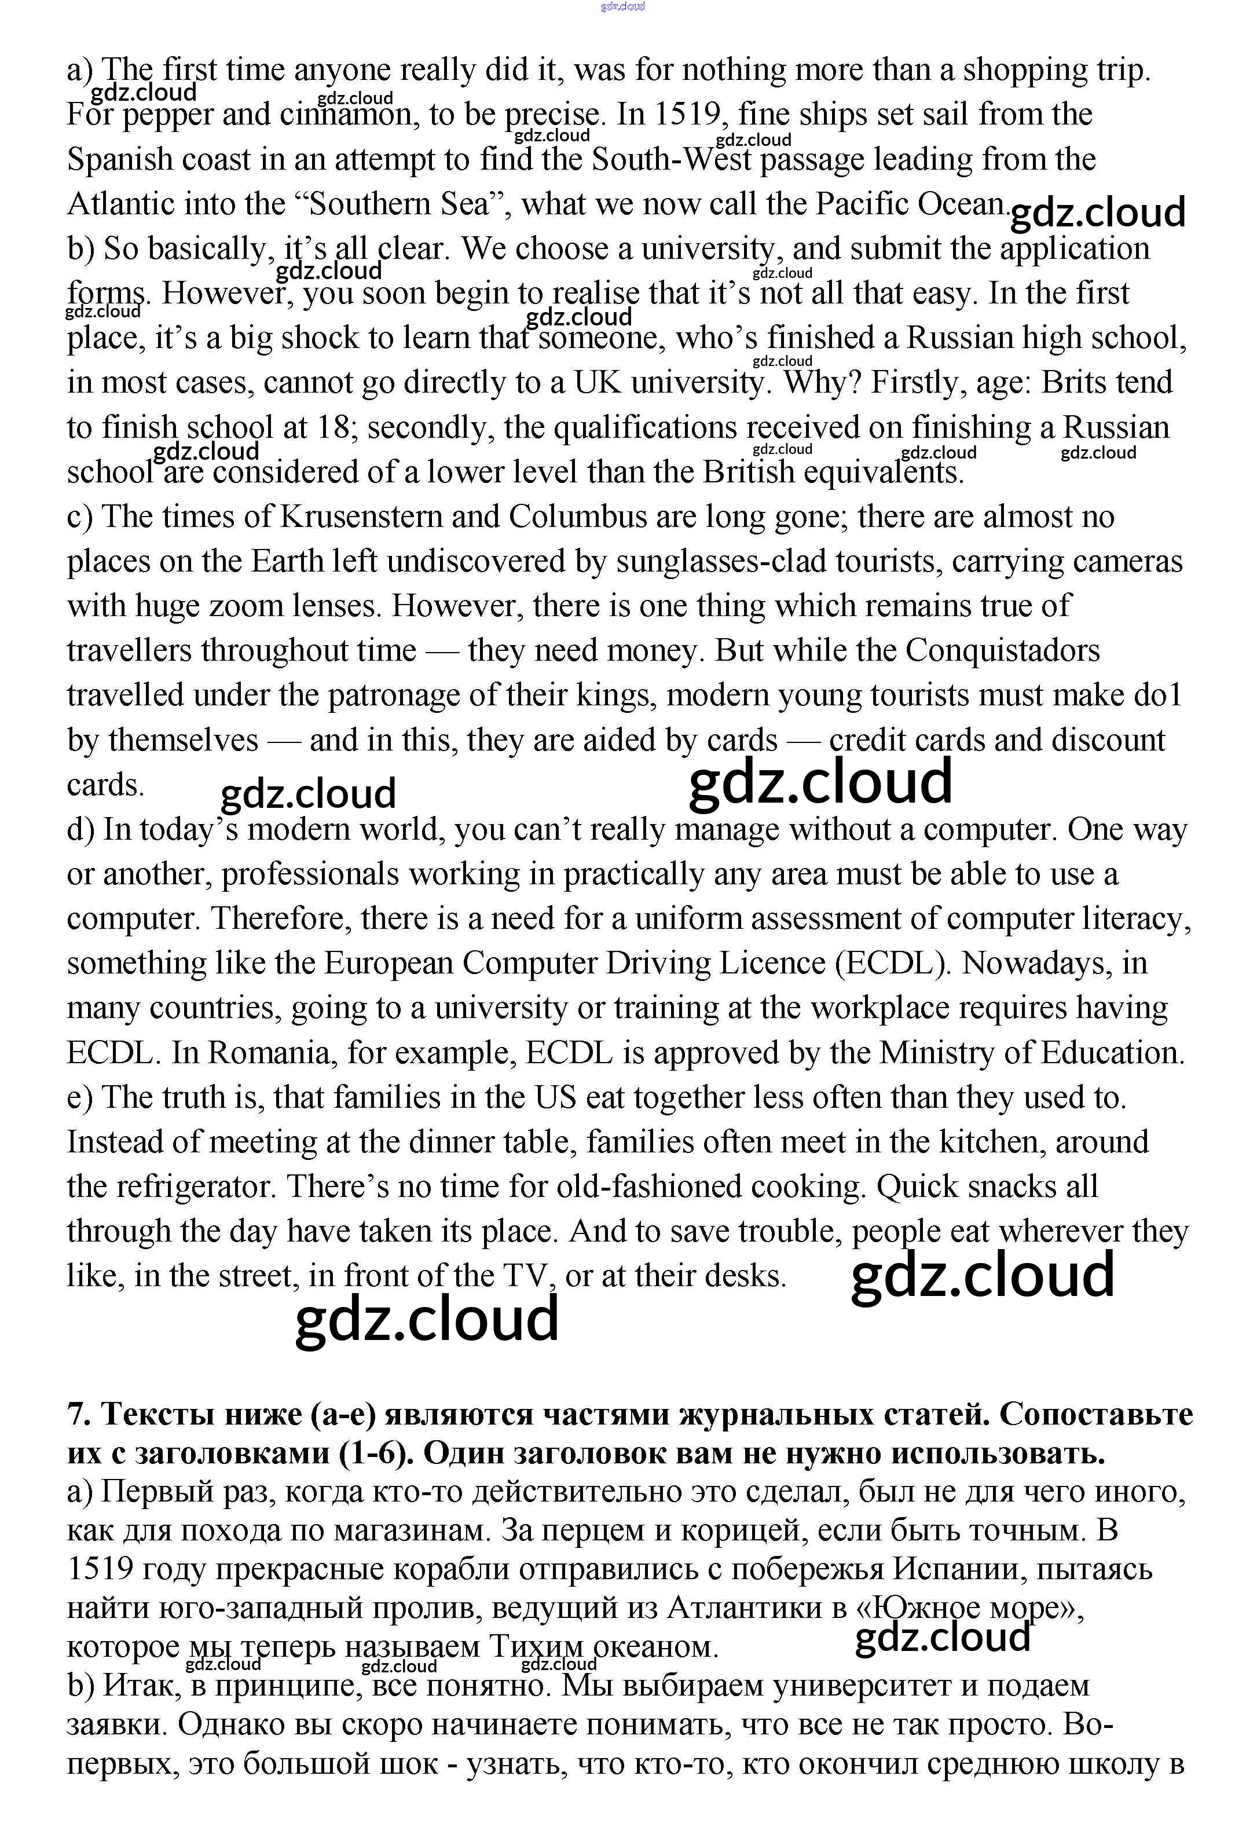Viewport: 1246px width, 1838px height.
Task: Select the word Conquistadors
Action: click(x=1002, y=651)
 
